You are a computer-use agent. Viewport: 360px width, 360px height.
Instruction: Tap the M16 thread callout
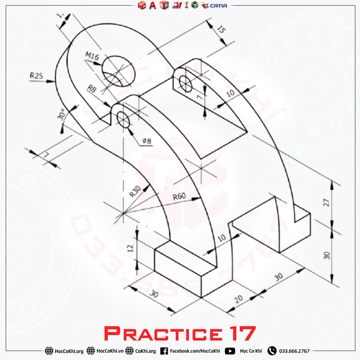(92, 55)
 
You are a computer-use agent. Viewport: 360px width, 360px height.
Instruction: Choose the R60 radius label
(179, 196)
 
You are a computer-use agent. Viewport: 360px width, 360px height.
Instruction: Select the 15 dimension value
(222, 30)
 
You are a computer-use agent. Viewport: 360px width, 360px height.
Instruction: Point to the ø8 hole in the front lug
(123, 119)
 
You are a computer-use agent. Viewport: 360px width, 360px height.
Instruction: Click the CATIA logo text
(218, 6)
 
